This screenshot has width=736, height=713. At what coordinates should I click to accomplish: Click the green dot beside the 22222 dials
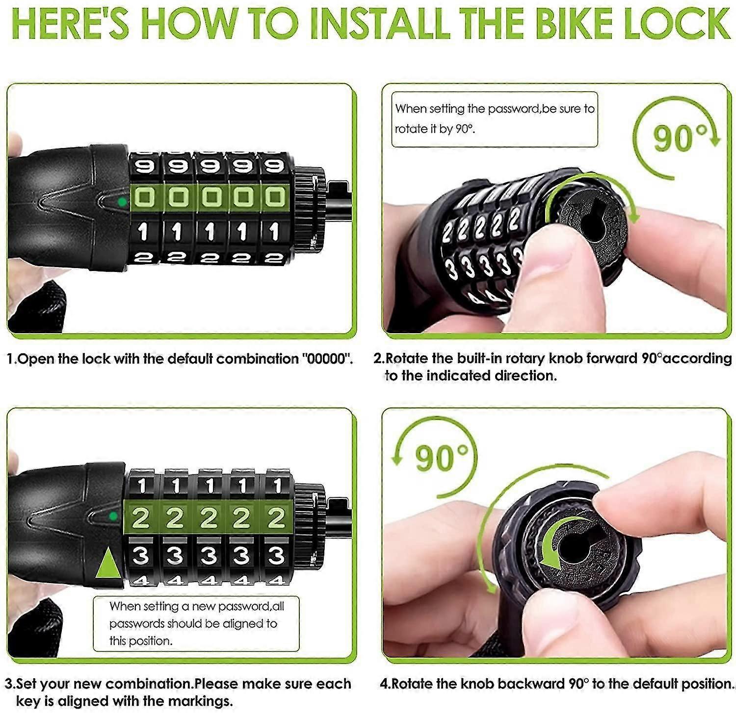[113, 516]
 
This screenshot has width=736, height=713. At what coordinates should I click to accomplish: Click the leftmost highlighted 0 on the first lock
[145, 198]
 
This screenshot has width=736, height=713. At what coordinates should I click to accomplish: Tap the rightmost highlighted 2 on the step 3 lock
[276, 518]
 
